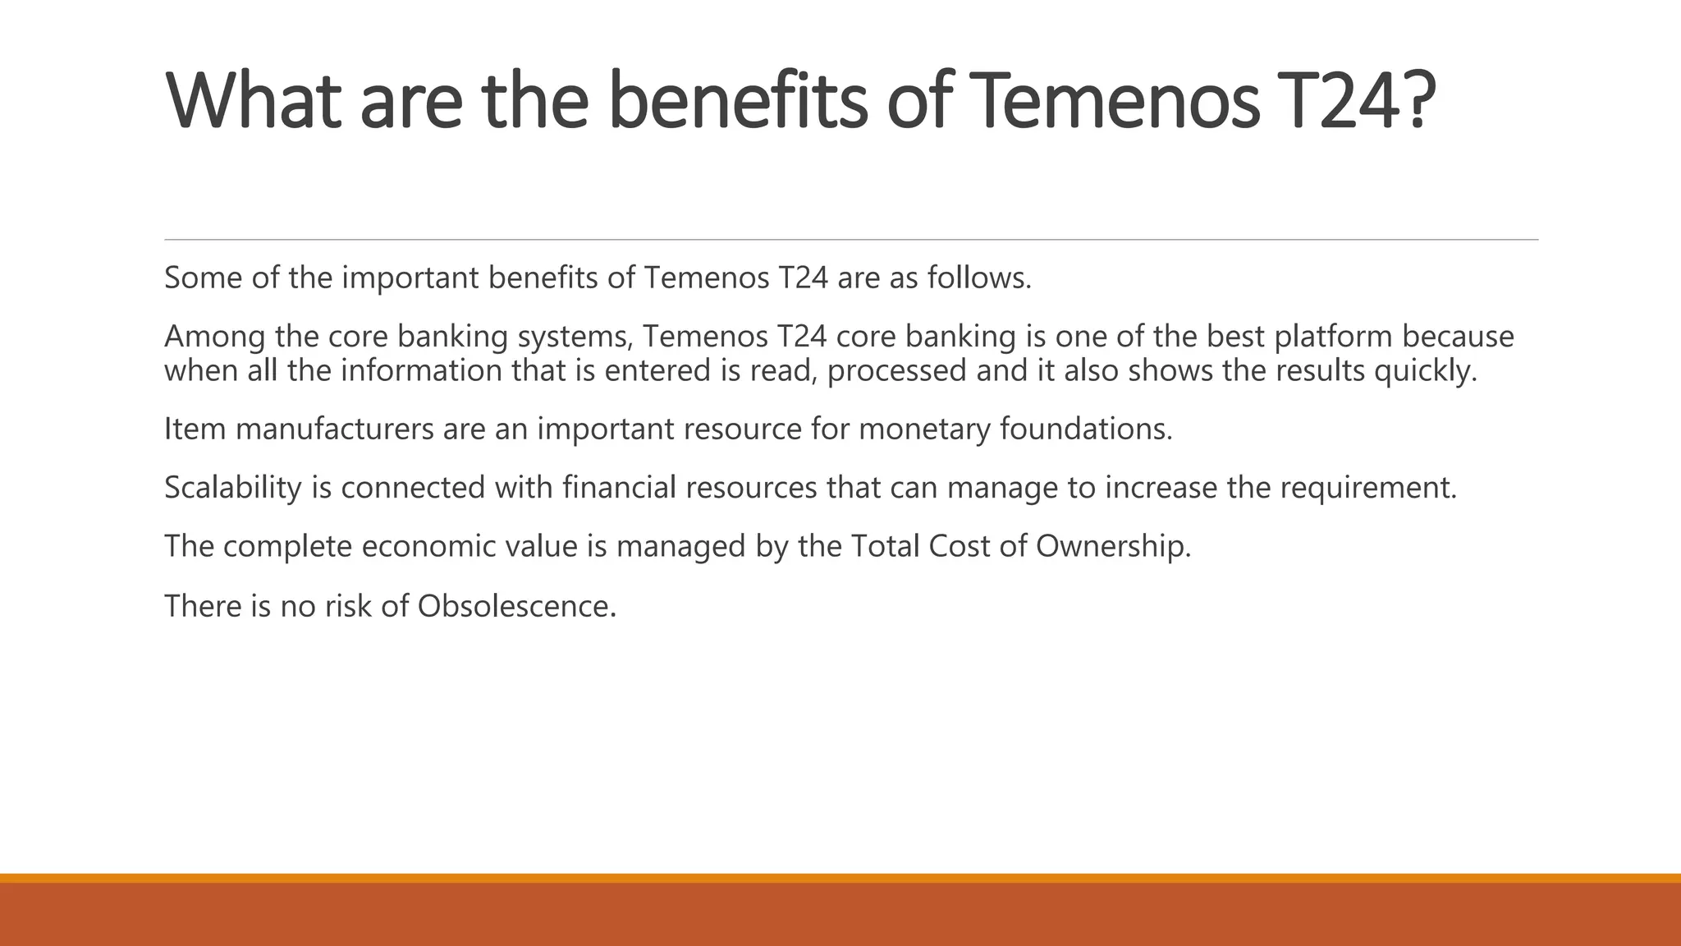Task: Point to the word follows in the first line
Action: tap(978, 278)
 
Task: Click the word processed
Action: tap(896, 371)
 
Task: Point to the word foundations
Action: tap(1085, 429)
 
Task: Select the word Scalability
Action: tap(233, 488)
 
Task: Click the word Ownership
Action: tap(1112, 546)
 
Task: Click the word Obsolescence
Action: tap(515, 606)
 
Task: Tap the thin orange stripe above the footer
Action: tap(840, 878)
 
